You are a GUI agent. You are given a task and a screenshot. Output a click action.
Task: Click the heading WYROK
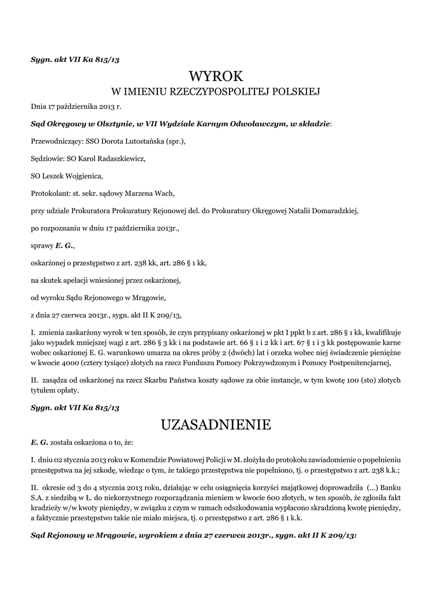coord(216,76)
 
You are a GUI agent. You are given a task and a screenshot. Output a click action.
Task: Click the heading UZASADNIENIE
coord(216,425)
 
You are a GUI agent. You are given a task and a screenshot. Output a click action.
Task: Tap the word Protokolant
coord(51,193)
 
